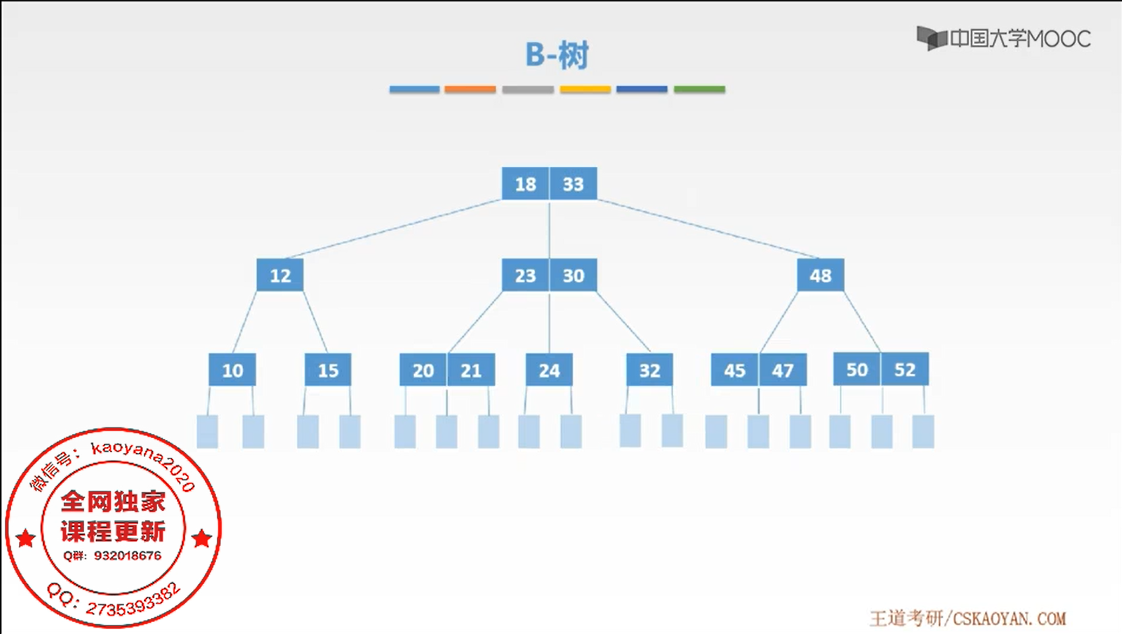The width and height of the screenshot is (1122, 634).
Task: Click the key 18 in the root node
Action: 525,184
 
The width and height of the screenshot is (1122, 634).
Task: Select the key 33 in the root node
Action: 573,184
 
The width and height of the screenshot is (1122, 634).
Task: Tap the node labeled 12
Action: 280,275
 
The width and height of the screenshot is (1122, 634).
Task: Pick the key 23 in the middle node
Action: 525,275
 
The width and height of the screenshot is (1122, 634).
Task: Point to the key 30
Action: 573,275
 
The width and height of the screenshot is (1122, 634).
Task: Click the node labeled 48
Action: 820,275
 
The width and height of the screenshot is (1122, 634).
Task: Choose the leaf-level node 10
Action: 232,370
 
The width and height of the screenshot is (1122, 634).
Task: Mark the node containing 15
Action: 328,370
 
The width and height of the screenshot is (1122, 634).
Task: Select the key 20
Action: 423,370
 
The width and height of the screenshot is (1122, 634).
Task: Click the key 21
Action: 471,370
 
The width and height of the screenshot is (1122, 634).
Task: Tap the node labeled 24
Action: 549,370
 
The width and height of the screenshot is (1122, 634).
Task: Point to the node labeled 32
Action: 649,370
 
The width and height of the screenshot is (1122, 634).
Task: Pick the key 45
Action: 734,370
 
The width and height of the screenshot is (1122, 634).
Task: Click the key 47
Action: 783,370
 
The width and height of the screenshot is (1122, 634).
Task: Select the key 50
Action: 857,369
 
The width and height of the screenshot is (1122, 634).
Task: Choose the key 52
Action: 905,369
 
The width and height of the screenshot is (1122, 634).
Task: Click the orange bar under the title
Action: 470,89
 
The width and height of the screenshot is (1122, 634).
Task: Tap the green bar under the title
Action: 699,89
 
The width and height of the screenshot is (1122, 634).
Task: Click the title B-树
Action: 557,55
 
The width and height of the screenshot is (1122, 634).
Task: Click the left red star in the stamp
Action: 26,538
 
